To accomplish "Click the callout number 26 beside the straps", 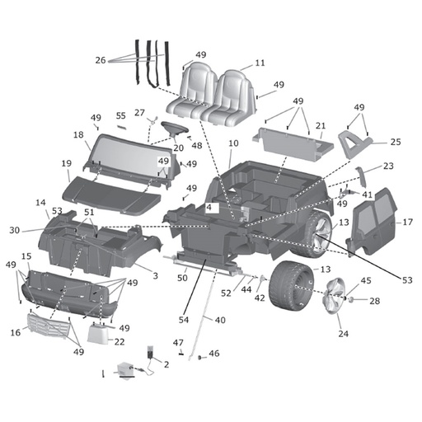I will [x=101, y=59].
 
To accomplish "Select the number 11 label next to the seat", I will [x=260, y=63].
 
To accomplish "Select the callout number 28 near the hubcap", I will [x=375, y=301].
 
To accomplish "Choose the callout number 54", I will [x=185, y=318].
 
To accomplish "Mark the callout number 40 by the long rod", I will [x=220, y=320].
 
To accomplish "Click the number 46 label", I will [x=214, y=354].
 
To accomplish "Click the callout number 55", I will [x=120, y=116].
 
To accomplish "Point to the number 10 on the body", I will [x=233, y=143].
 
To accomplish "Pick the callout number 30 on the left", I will [x=15, y=230].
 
